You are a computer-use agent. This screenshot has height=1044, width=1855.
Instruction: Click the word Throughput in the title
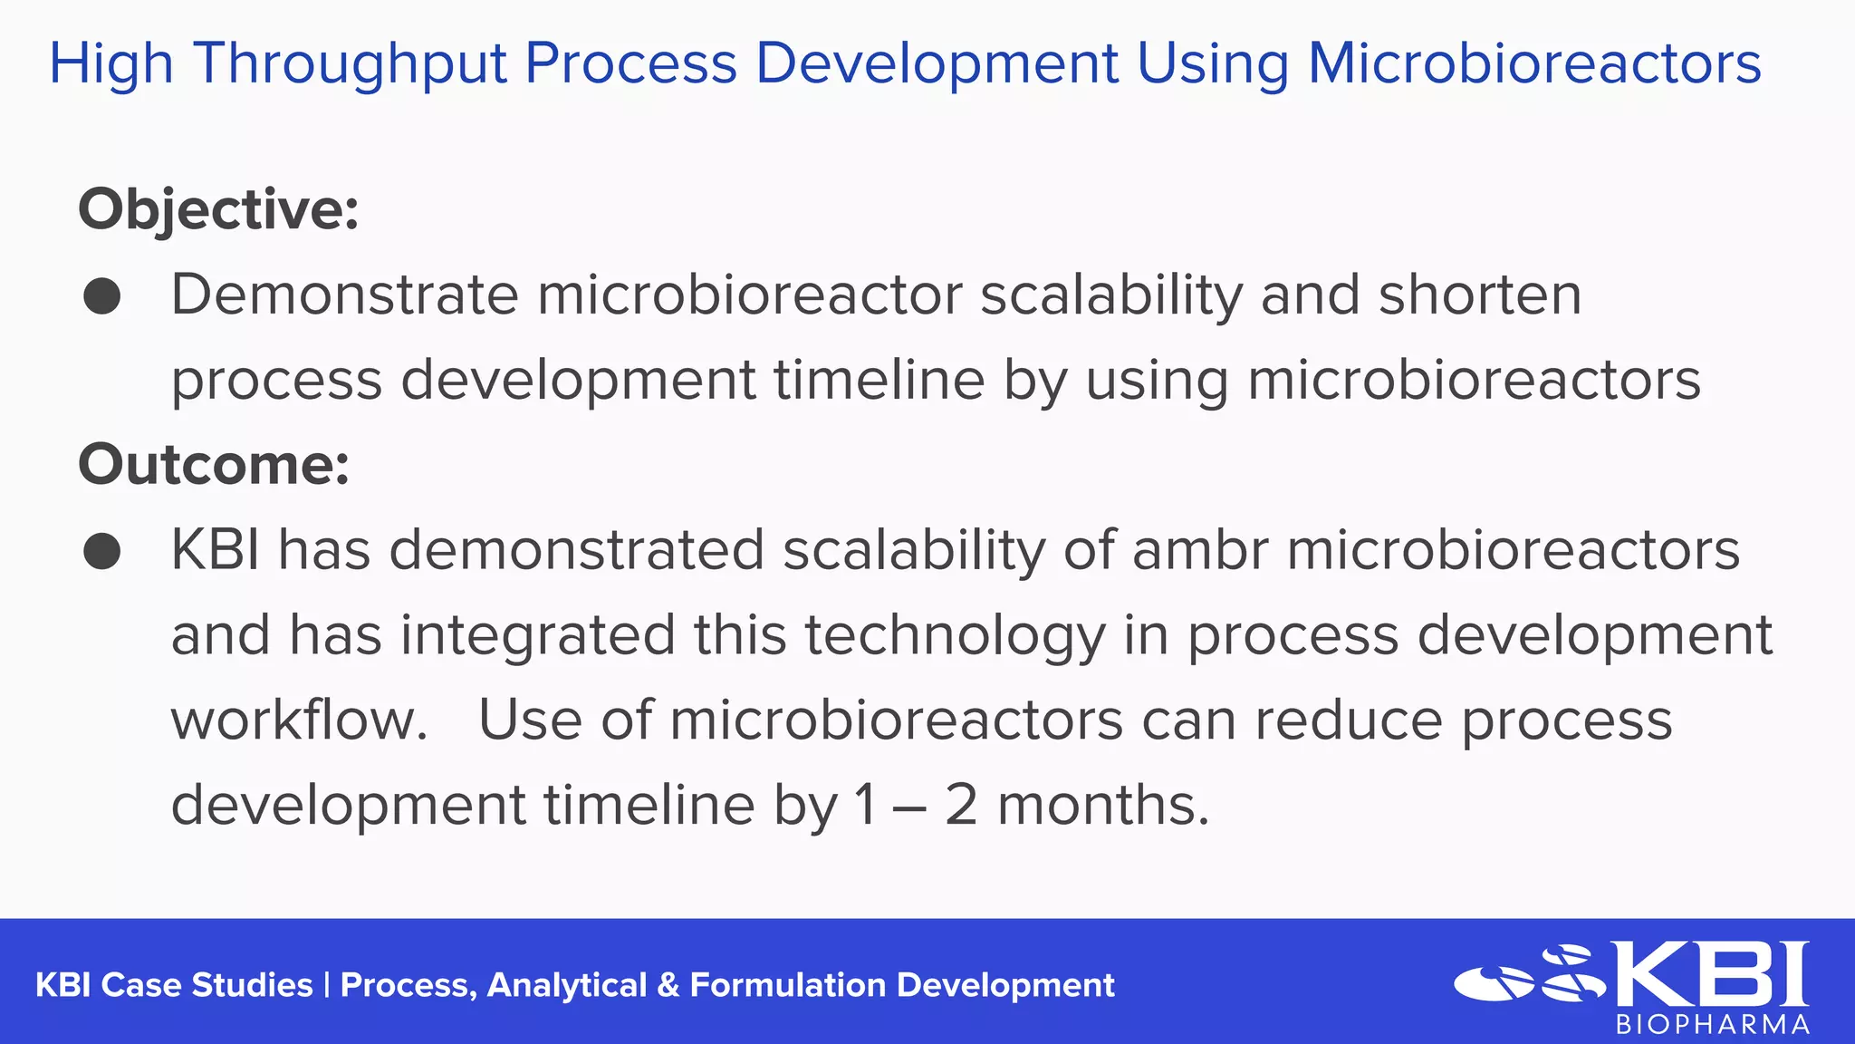point(350,65)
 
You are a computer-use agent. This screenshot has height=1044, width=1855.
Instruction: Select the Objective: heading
point(218,210)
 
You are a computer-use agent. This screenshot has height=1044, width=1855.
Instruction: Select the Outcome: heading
point(214,465)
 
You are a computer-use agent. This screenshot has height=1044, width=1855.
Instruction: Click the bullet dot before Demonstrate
point(101,296)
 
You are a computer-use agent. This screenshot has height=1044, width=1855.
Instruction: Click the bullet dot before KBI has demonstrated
point(101,551)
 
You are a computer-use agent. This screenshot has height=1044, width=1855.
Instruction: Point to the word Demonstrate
point(344,295)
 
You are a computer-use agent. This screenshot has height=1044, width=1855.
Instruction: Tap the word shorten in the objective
point(1480,295)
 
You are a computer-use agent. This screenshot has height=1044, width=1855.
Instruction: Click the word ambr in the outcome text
point(1199,550)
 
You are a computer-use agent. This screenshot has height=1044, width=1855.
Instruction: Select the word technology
point(955,636)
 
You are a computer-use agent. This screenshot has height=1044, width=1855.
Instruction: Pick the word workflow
point(299,720)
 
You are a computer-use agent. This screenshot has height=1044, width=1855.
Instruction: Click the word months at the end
point(1102,806)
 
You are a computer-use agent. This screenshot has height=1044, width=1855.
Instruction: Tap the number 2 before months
point(961,806)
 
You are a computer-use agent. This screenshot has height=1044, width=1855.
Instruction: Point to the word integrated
point(538,636)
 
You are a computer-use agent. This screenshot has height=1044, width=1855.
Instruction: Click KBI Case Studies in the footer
point(173,985)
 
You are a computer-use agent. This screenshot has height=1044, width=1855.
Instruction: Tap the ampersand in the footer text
point(668,985)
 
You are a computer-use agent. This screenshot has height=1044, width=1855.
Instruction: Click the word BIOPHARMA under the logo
point(1713,1025)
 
